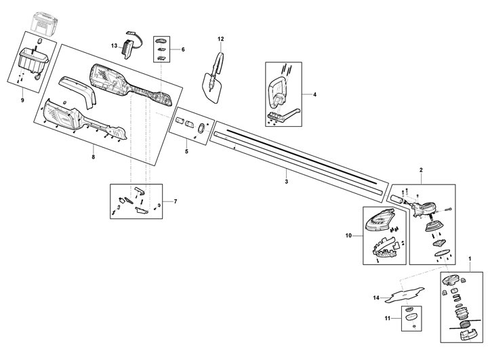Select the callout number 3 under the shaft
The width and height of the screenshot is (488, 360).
pos(286,182)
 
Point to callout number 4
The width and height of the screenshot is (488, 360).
pos(314,95)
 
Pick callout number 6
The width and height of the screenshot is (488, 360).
pos(182,49)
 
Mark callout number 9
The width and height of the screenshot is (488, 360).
pos(22,100)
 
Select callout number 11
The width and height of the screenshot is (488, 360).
pos(388,318)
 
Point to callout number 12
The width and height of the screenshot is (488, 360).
pos(220,40)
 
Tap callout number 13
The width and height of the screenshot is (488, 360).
pos(115,45)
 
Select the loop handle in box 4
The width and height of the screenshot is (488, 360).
pos(278,89)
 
